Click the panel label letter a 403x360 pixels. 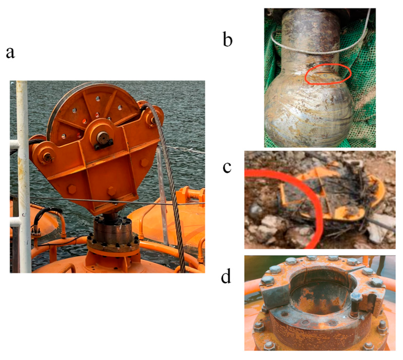tap(10, 53)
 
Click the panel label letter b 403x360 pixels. tap(227, 39)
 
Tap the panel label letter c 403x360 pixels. tap(227, 167)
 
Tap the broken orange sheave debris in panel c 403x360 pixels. tap(331, 196)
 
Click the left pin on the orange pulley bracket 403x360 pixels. tap(47, 157)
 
